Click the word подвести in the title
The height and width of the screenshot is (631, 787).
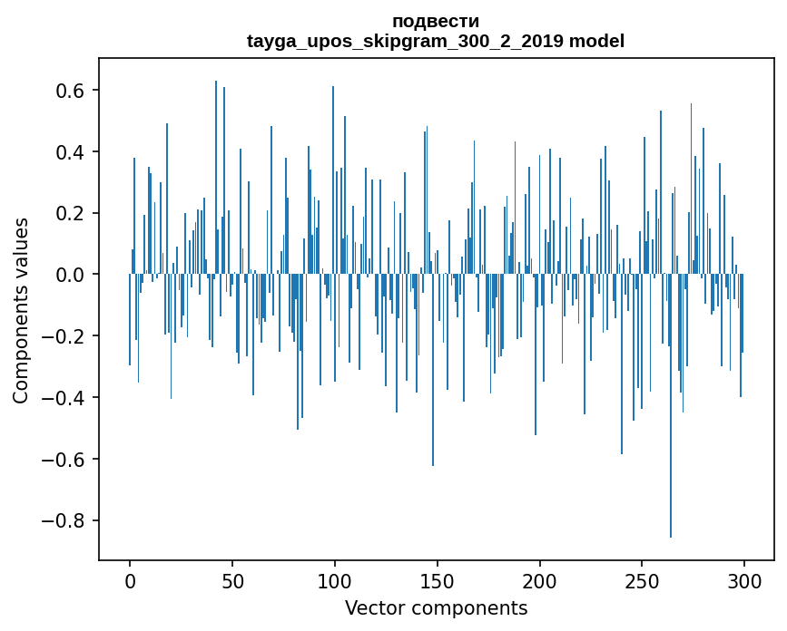[436, 21]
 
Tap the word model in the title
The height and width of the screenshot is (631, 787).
[596, 41]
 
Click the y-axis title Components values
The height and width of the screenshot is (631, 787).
[20, 310]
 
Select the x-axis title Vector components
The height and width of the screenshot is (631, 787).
[436, 607]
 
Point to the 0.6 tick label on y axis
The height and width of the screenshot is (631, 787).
[72, 91]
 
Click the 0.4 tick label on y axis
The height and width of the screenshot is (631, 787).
[72, 151]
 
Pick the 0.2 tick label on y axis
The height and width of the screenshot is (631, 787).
[72, 213]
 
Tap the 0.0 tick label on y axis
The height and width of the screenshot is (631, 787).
[72, 275]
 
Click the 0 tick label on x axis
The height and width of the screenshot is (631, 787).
[130, 580]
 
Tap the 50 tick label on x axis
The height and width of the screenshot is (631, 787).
[232, 580]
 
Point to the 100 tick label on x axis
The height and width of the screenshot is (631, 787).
[335, 580]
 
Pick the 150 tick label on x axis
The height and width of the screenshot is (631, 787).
[438, 580]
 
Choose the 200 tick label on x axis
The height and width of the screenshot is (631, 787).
[540, 580]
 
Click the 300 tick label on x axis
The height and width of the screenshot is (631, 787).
[744, 580]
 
